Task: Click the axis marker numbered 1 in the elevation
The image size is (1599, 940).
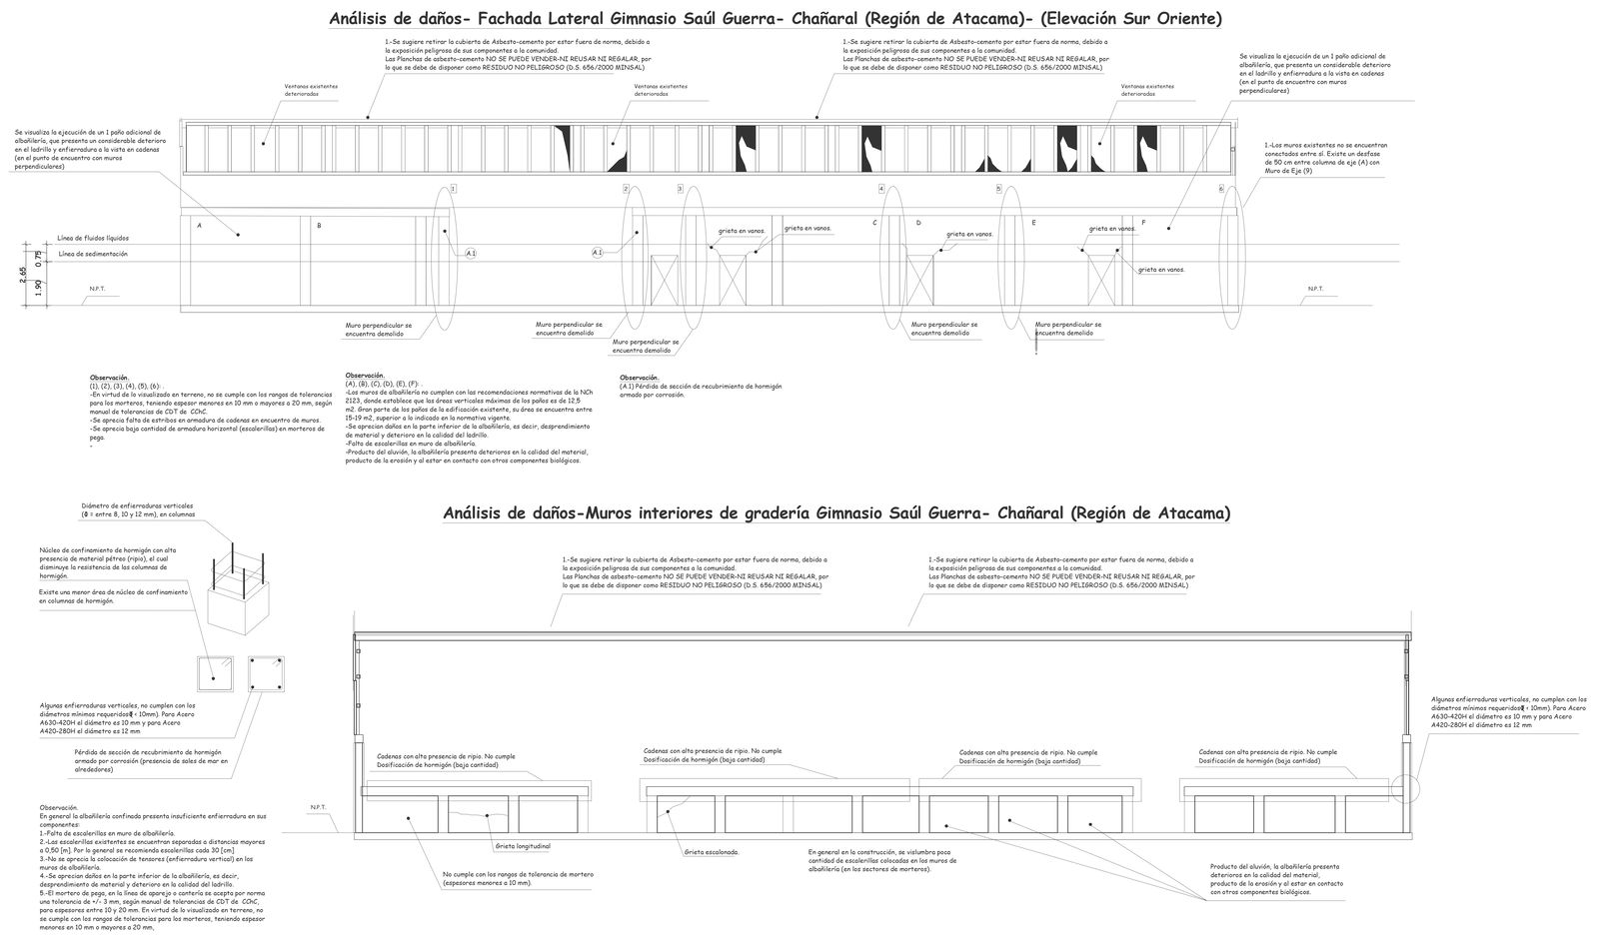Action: (x=454, y=188)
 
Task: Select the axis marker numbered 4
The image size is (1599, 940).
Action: (x=881, y=189)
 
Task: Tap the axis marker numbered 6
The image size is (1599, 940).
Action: (x=1220, y=189)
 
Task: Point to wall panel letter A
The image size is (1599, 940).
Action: (x=199, y=226)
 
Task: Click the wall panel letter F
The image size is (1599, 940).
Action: (x=1143, y=222)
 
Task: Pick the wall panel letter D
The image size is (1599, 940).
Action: (x=918, y=223)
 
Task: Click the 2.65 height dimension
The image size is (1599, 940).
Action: (x=24, y=275)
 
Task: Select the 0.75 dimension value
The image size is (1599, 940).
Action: (x=39, y=257)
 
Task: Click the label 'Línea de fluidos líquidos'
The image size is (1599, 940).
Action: (x=93, y=239)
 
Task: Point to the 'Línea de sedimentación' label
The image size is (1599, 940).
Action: (x=93, y=255)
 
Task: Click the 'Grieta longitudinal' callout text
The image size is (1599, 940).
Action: (x=523, y=846)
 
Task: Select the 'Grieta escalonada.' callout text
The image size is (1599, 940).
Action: (x=712, y=852)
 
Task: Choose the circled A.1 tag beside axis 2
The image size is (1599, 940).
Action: (x=598, y=253)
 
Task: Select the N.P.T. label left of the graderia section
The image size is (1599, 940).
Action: (x=319, y=807)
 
